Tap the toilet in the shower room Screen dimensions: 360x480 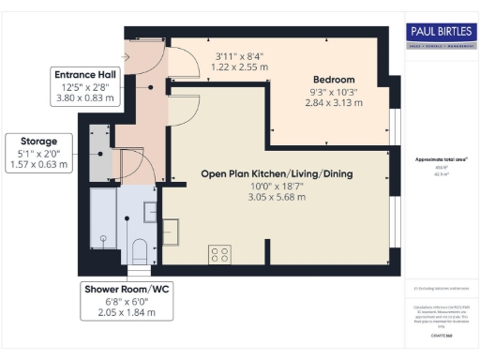140,250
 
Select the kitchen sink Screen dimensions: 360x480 172,228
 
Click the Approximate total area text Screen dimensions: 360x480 441,159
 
